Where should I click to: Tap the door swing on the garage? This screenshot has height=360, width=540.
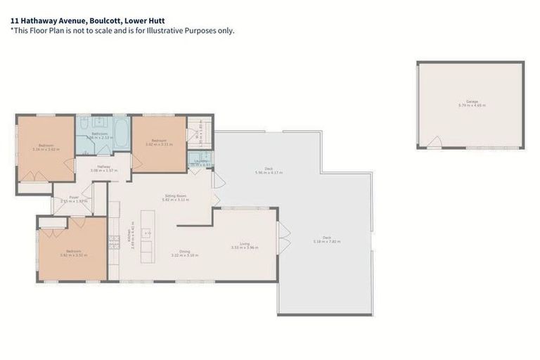(x=436, y=142)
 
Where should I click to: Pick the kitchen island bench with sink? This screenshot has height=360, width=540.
(x=147, y=236)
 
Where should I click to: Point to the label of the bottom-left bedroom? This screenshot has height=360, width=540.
(x=74, y=253)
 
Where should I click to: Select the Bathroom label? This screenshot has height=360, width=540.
(x=98, y=135)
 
